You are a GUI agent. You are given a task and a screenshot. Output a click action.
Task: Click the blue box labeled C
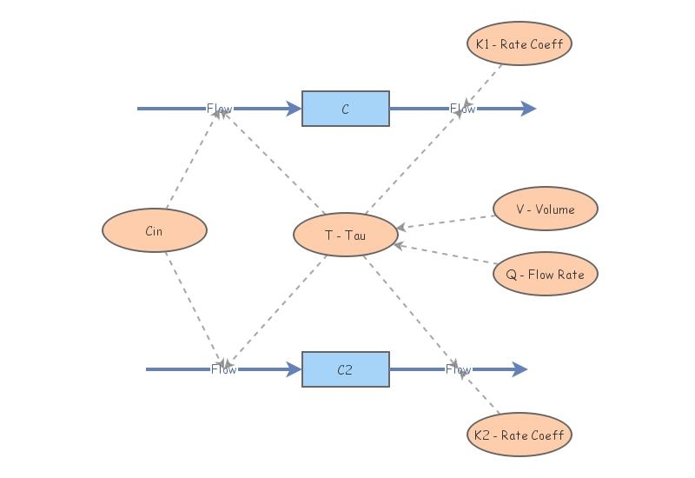[346, 109]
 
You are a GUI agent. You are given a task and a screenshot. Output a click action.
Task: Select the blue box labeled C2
[346, 369]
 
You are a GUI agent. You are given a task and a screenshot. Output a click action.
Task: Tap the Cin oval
[155, 231]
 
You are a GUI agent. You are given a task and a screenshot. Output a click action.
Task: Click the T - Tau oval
[346, 235]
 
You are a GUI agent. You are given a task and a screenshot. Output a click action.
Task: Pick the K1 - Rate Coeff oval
[520, 43]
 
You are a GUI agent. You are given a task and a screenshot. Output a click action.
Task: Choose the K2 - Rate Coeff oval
[520, 435]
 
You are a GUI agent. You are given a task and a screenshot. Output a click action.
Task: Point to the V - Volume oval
[546, 209]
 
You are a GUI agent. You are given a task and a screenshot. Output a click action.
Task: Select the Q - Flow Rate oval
[546, 275]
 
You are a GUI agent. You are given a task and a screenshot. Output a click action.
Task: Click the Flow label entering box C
[220, 109]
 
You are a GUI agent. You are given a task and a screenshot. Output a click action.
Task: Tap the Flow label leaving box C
[463, 109]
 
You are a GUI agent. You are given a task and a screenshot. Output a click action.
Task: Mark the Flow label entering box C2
[224, 369]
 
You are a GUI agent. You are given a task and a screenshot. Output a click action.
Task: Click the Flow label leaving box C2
[459, 369]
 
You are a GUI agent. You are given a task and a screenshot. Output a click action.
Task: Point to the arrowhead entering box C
[295, 109]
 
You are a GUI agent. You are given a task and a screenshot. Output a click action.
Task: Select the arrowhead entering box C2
[295, 369]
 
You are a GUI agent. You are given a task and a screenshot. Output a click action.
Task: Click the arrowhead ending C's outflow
[529, 109]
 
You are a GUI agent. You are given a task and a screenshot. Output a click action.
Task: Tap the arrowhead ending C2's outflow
[520, 369]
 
